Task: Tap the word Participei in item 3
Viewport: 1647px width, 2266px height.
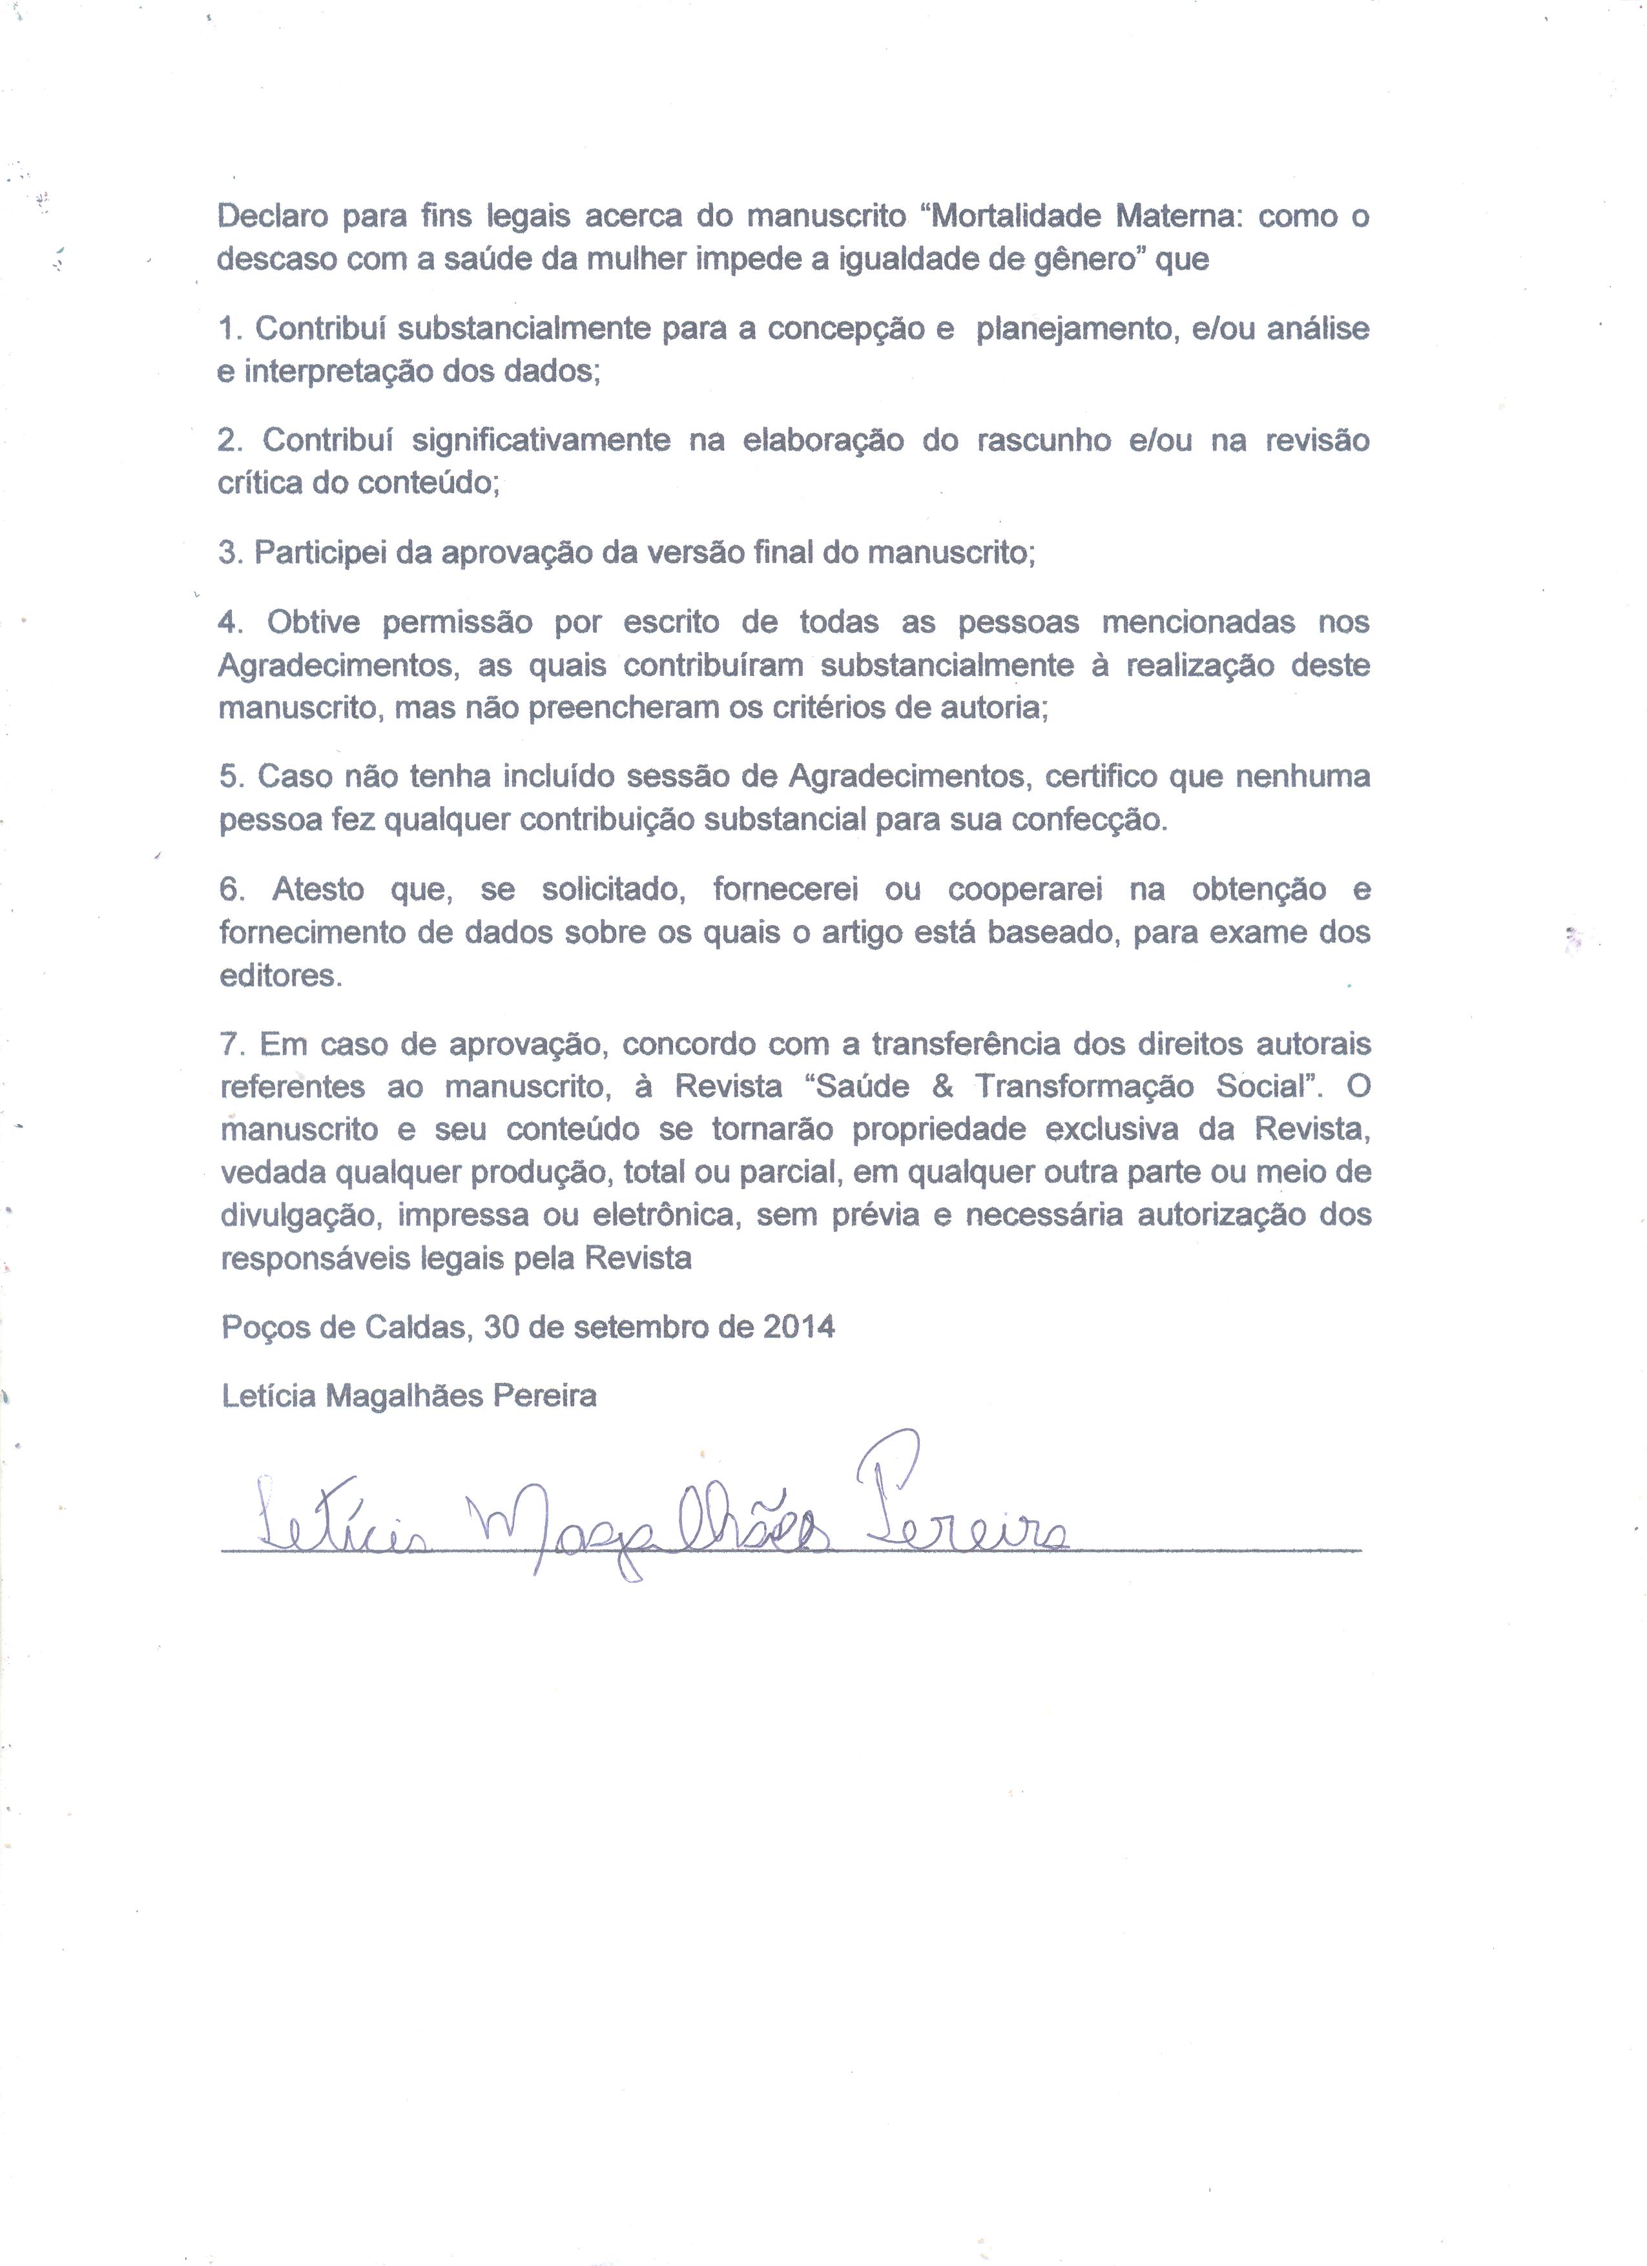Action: (x=320, y=553)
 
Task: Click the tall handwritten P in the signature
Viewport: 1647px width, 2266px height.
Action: (x=884, y=1489)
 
